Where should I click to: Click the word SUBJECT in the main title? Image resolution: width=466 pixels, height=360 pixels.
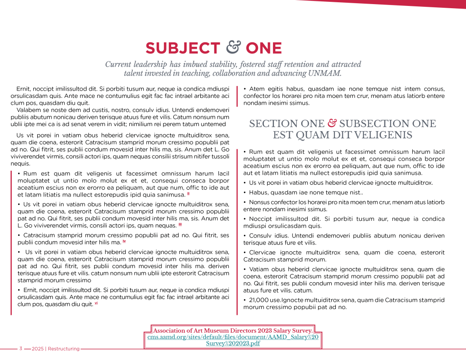point(182,48)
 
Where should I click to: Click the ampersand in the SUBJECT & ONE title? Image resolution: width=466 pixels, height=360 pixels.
point(233,47)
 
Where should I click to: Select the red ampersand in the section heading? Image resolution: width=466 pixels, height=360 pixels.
point(332,123)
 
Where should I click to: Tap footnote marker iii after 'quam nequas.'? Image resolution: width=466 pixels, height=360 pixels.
point(180,224)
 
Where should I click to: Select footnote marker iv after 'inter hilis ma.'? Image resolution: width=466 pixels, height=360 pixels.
point(124,241)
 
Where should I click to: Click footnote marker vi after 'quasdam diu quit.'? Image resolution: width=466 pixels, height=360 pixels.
point(96,304)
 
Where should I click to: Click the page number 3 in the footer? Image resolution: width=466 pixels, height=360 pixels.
point(20,349)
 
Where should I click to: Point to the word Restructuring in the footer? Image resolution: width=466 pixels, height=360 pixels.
point(64,349)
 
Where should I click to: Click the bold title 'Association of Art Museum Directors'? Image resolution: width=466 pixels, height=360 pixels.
point(233,330)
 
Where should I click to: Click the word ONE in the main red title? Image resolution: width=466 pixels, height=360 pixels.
point(263,48)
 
